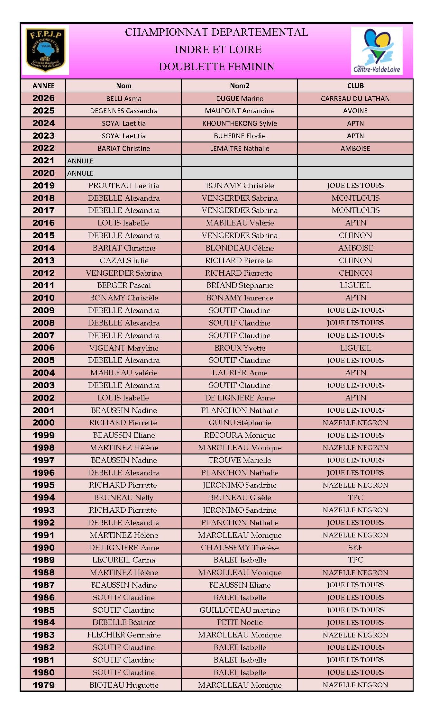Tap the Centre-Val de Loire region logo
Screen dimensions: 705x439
pos(377,51)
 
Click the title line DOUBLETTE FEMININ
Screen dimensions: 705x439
pos(216,67)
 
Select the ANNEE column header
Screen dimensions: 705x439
pos(43,86)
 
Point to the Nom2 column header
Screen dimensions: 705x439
pos(239,86)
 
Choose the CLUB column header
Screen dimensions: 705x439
pos(355,86)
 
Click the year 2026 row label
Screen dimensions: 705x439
pos(43,98)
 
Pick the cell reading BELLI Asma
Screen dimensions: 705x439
pos(123,99)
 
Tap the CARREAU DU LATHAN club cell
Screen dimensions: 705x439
pos(355,99)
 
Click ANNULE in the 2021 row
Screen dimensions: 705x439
pos(80,161)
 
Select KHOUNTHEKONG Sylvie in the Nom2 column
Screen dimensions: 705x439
pos(239,124)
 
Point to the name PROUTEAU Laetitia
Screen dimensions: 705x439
pos(123,186)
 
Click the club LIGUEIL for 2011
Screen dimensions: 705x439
pos(355,285)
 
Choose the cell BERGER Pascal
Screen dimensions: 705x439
pos(123,285)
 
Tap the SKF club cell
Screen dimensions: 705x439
pos(355,547)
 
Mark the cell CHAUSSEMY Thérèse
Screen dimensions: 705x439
pos(239,547)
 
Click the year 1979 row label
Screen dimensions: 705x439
pos(43,685)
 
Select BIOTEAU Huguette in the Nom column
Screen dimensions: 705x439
pos(123,685)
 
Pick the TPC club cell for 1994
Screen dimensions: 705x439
pos(355,498)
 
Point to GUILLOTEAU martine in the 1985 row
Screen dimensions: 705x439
pos(239,610)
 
